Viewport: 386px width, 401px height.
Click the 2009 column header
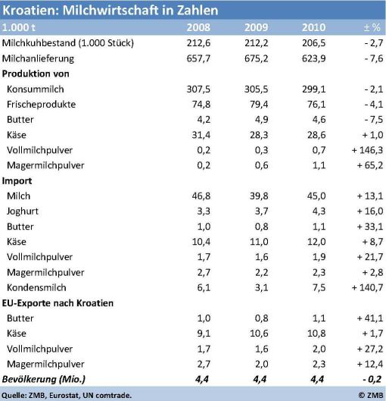(256, 27)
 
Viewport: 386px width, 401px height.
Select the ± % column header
(372, 27)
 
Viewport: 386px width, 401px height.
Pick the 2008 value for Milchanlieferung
(198, 58)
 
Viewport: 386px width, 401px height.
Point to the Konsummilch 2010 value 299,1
(314, 89)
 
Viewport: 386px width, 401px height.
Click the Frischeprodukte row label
(42, 105)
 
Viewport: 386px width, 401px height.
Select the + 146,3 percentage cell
(367, 150)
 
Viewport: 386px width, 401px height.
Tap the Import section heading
(17, 181)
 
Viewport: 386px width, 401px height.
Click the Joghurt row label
(23, 211)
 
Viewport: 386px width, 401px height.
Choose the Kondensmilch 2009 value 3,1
(261, 288)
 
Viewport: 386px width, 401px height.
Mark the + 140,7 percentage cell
(367, 288)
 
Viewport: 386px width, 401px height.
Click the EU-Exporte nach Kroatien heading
(58, 303)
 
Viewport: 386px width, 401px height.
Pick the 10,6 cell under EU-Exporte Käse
(259, 334)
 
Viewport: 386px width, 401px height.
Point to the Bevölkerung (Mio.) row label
(44, 379)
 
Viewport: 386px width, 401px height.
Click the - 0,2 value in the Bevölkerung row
(372, 379)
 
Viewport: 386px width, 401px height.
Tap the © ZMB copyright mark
(371, 396)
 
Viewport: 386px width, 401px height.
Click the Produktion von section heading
(36, 74)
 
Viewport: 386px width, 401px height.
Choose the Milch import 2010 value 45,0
(316, 196)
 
